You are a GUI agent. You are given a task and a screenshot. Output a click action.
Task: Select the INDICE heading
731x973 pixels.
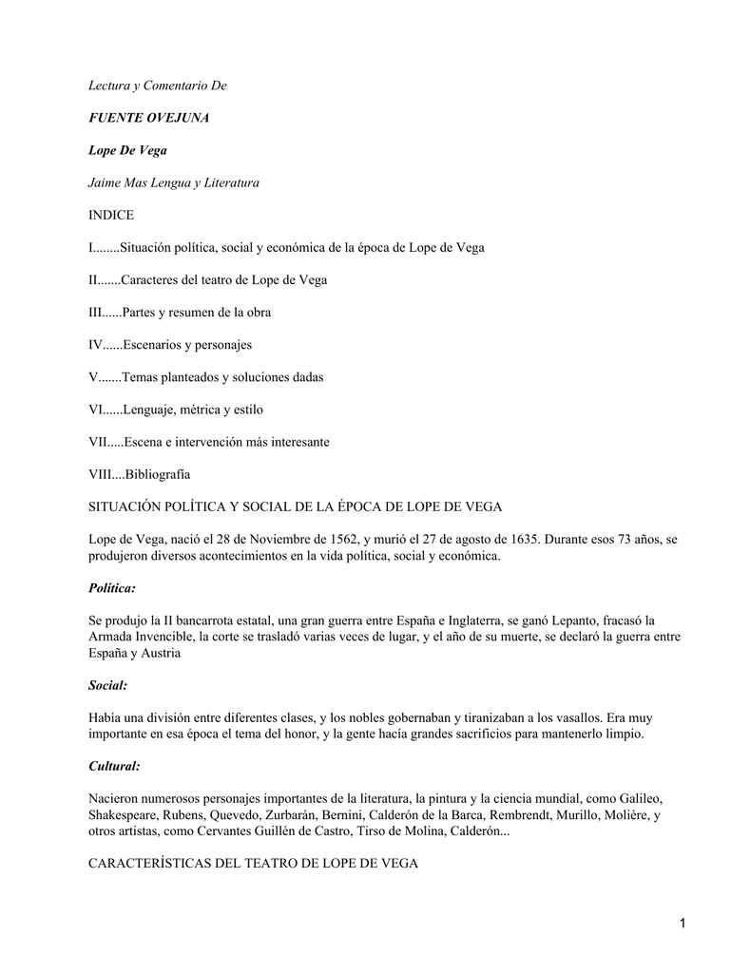(111, 215)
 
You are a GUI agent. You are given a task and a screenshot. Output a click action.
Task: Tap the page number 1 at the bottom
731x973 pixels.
(683, 923)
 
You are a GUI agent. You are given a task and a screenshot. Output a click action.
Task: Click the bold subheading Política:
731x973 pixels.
(112, 588)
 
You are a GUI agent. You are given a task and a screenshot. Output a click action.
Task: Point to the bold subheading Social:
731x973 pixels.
(107, 684)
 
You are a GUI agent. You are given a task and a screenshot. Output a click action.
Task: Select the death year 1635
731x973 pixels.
(513, 540)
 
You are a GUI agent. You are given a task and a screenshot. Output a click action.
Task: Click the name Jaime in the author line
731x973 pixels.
(105, 182)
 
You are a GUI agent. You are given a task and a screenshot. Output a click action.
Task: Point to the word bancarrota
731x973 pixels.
(189, 620)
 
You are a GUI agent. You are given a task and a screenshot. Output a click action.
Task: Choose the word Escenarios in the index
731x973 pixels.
(157, 344)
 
